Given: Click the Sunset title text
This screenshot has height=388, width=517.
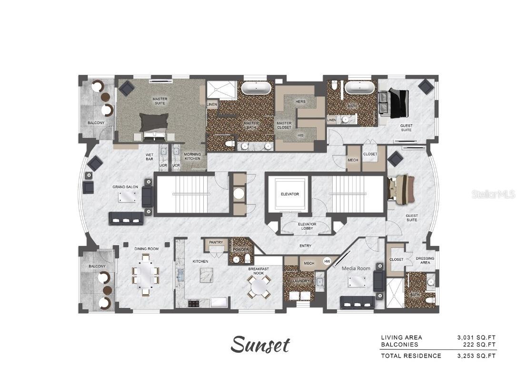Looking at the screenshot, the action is click(260, 345).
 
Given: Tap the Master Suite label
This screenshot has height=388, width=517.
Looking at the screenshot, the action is click(160, 101).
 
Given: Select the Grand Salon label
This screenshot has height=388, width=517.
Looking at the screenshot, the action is click(125, 187).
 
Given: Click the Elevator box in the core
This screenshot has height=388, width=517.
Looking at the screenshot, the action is click(290, 194).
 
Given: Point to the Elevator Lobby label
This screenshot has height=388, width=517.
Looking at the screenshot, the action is click(307, 226).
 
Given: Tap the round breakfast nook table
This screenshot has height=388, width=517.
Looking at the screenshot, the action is click(259, 286).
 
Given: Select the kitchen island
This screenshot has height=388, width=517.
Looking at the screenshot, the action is click(206, 275).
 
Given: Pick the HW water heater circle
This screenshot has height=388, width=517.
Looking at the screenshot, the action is click(327, 261).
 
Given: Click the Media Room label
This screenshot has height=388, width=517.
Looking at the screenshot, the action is click(356, 268).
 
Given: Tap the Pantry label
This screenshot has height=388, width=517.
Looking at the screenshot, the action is click(216, 242).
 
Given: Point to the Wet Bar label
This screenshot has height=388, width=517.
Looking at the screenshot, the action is click(149, 157).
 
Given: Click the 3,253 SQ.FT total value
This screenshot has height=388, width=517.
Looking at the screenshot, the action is click(476, 356).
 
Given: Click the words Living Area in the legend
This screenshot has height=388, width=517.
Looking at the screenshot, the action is click(402, 337).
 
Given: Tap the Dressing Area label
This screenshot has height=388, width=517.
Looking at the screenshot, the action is click(425, 261).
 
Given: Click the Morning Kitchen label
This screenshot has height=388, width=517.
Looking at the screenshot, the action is click(192, 156).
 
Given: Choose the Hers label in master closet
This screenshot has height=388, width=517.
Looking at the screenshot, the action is click(300, 102).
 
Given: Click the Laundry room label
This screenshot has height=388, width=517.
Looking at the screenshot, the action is click(301, 281).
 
